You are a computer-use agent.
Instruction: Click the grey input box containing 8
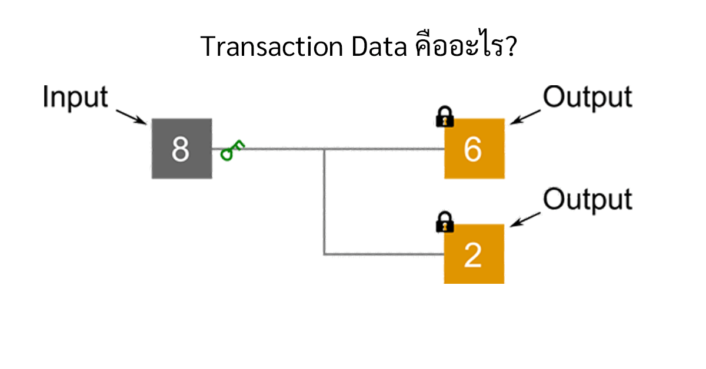(181, 149)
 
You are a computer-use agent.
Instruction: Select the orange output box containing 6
(474, 149)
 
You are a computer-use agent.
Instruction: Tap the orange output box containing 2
(474, 254)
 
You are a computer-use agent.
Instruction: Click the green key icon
(232, 151)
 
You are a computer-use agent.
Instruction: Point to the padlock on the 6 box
(445, 117)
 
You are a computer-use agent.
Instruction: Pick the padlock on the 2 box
(445, 222)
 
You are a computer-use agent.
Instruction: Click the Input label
(75, 98)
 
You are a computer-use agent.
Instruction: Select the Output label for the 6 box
(587, 98)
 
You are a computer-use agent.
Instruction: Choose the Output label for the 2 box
(587, 200)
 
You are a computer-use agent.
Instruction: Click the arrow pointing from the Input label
(131, 116)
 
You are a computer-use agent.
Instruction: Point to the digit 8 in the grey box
(181, 149)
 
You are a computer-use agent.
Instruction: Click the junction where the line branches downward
(324, 149)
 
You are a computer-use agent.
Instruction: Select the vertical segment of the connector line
(324, 203)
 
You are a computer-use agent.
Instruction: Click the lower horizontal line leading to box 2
(382, 254)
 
